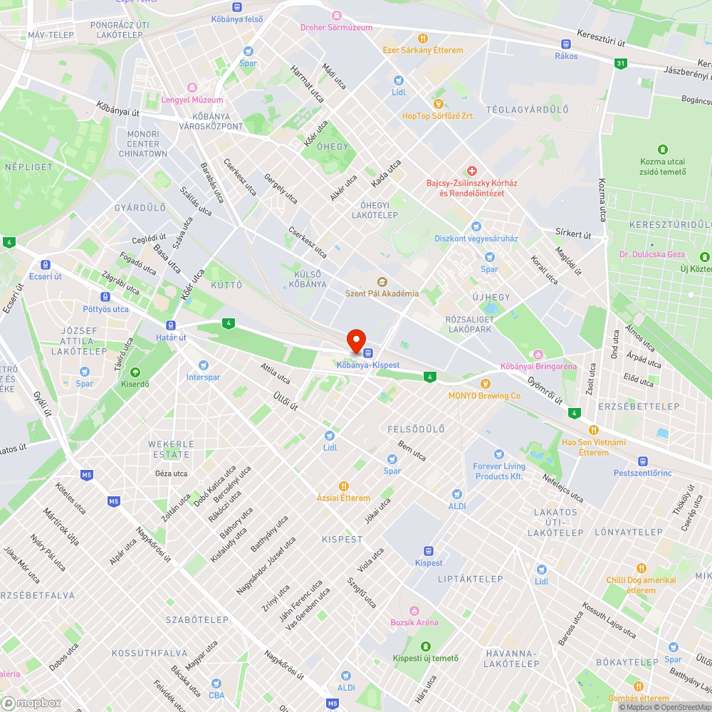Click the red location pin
(355, 340)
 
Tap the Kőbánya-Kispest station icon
(367, 352)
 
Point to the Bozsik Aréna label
(414, 622)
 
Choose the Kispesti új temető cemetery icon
(426, 646)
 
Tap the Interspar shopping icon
(204, 365)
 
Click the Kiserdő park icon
(135, 372)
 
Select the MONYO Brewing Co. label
(485, 395)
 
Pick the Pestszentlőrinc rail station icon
(643, 461)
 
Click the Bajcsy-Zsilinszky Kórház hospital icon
(471, 171)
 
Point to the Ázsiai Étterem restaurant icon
(343, 486)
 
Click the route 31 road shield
(621, 63)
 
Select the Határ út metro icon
(171, 325)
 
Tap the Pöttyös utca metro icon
(105, 297)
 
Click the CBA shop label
(216, 695)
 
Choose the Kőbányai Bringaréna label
(538, 366)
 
